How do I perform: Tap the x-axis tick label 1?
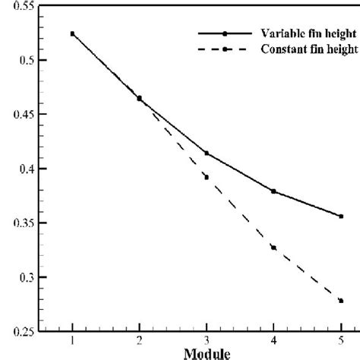(72, 340)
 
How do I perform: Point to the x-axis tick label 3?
(207, 340)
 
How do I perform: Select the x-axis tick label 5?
(341, 340)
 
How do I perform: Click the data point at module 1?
(72, 33)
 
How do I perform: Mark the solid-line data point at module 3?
(207, 153)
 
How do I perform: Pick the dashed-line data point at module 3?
(207, 177)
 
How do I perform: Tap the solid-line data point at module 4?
(273, 191)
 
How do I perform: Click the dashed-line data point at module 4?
(273, 248)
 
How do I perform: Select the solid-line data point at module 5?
(341, 216)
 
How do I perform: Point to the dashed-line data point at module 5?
(341, 301)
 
